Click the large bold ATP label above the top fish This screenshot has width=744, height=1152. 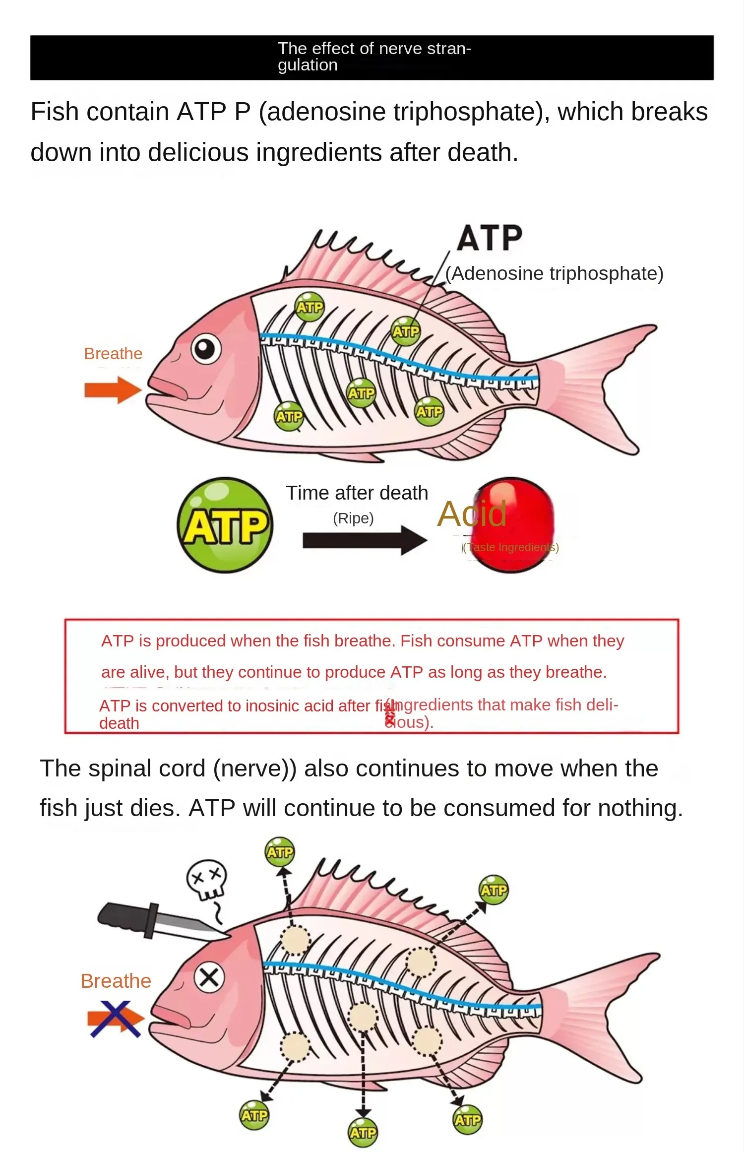[489, 238]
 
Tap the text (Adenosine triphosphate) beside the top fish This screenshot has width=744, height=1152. [554, 273]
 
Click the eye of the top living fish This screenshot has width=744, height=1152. [206, 349]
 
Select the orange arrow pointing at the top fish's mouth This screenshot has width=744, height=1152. [112, 390]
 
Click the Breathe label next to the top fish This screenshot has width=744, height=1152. [113, 354]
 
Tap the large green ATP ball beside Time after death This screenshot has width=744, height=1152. [225, 525]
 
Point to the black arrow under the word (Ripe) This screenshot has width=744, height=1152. [364, 540]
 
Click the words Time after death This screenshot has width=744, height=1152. [357, 493]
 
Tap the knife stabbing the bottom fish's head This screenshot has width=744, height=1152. [159, 922]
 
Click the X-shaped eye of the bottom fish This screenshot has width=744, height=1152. [209, 978]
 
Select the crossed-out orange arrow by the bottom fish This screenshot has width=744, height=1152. [115, 1019]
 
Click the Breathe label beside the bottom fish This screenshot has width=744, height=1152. [116, 981]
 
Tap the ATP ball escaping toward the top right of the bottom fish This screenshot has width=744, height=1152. [493, 890]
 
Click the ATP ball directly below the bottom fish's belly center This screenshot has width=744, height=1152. [363, 1133]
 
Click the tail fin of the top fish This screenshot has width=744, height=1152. [610, 387]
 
